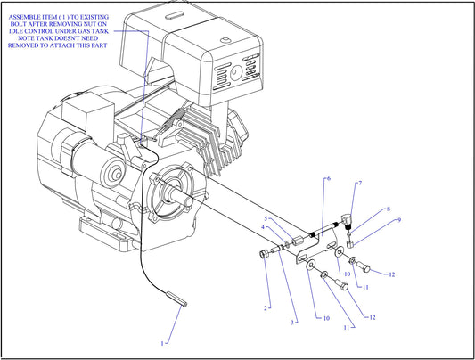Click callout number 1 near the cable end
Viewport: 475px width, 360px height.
162,342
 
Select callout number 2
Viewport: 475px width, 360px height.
265,307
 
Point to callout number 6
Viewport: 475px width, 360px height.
328,179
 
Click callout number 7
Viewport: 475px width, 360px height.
359,184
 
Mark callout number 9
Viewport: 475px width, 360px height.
399,219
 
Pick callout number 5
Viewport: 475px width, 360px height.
266,217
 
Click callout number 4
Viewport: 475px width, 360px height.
263,227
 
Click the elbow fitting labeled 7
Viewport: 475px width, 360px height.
348,214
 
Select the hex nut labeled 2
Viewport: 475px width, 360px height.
264,256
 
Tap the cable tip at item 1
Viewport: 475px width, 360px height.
183,300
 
